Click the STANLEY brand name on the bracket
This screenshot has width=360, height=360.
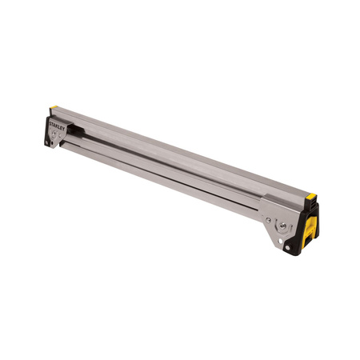point(57,126)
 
